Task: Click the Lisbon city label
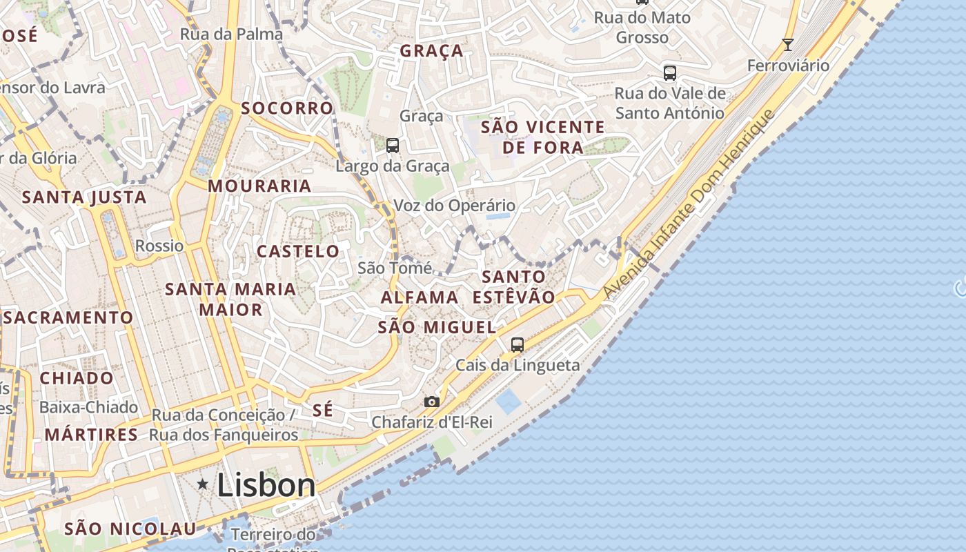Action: click(x=266, y=485)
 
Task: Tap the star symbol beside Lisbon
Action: click(x=203, y=484)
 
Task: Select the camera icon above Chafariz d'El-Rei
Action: click(x=431, y=402)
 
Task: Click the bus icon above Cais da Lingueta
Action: click(x=517, y=344)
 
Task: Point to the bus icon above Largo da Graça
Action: click(x=393, y=145)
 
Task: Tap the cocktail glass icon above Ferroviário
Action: click(x=788, y=45)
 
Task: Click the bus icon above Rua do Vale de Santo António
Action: click(x=669, y=72)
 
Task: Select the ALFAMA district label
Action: click(x=420, y=297)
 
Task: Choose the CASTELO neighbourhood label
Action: click(x=298, y=251)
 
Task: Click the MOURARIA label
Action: click(x=259, y=186)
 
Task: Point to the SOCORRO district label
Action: click(x=287, y=108)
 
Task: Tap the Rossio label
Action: click(x=159, y=246)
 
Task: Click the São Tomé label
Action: click(x=395, y=268)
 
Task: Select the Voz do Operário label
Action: click(x=454, y=206)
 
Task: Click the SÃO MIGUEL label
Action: click(x=437, y=327)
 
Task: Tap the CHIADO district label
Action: click(x=77, y=378)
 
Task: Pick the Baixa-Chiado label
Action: click(x=88, y=407)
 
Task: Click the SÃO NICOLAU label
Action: click(x=130, y=529)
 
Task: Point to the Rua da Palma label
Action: click(x=231, y=34)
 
